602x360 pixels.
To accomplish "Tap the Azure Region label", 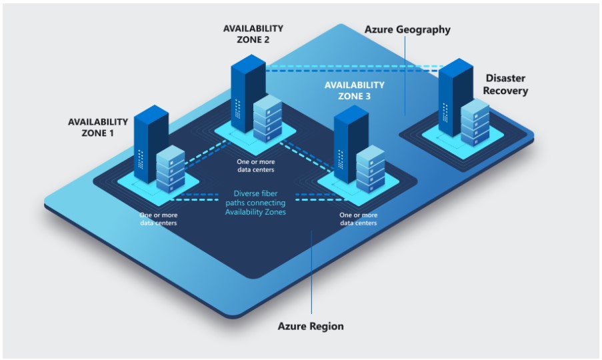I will coord(311,326).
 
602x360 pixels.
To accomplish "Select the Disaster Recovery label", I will coord(506,85).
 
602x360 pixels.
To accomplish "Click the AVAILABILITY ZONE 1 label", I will coord(97,127).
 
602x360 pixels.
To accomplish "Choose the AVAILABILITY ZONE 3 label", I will coord(354,91).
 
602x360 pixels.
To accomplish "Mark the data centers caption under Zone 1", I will coord(158,219).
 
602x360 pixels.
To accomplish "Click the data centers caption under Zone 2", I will coord(255,165).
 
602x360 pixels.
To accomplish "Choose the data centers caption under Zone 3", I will coord(358,219).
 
